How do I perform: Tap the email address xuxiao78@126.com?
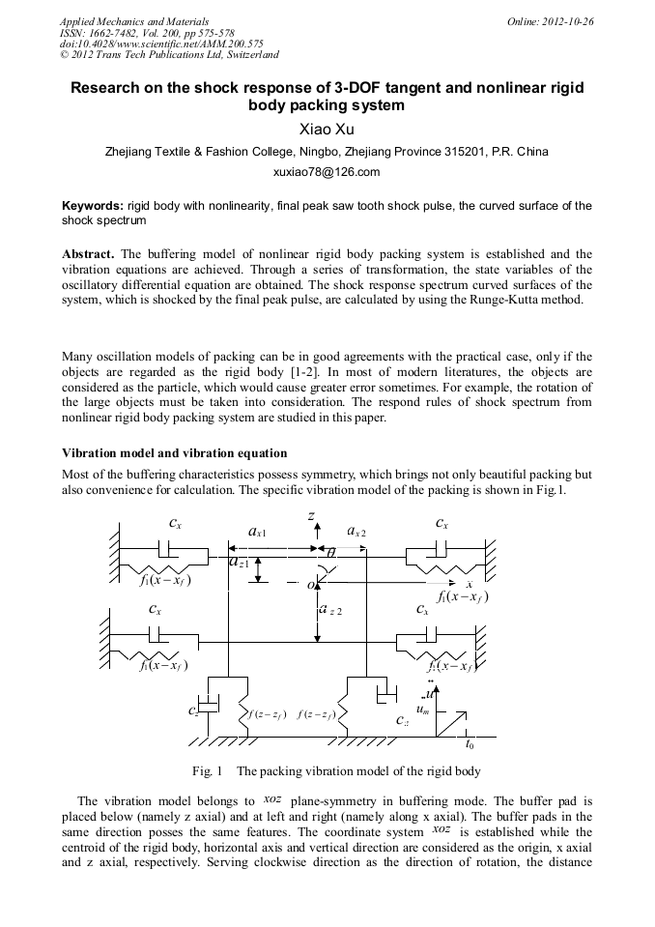327,172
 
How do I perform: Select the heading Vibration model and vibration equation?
175,452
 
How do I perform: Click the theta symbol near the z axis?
330,553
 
